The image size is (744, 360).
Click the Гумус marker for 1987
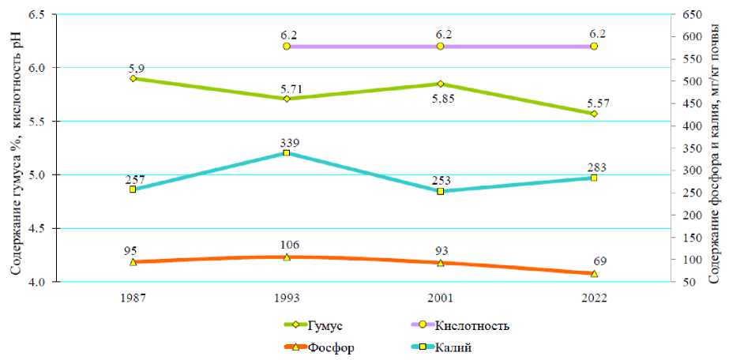pos(133,78)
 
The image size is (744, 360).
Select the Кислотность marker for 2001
pos(440,47)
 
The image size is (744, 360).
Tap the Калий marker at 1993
pos(287,152)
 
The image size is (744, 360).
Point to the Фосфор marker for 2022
pos(594,273)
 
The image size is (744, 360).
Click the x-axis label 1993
pos(286,298)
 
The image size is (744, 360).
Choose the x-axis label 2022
pos(594,298)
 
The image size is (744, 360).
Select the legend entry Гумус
pos(325,325)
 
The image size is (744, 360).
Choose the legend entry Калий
pos(454,347)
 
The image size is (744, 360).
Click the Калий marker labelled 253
pos(440,191)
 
